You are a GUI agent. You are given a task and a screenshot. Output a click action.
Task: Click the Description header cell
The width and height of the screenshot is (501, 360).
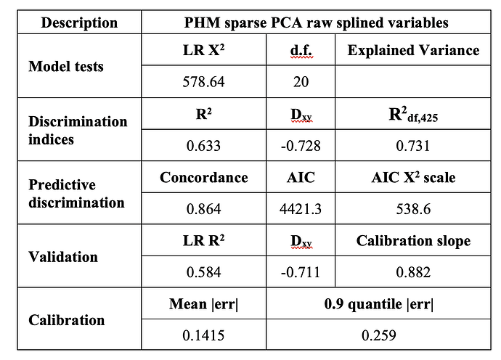79,22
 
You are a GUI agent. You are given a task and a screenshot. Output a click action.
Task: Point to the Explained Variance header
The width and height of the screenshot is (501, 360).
413,51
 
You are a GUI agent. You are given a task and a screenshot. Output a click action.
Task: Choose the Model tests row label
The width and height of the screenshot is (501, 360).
66,67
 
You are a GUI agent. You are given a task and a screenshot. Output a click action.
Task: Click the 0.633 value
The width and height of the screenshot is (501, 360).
204,146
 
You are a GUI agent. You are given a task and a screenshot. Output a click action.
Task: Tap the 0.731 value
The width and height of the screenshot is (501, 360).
413,146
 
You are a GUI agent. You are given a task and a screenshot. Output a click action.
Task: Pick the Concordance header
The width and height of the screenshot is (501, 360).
204,178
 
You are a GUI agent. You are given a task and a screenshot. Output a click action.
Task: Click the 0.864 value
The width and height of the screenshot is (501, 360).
204,210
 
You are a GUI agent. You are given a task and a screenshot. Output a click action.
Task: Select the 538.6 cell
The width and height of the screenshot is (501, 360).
413,210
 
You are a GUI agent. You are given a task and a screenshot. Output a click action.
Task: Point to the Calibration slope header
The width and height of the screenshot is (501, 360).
413,242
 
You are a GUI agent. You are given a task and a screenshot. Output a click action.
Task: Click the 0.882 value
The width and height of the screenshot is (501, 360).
413,273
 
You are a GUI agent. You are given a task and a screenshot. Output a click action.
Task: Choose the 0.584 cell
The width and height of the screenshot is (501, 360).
204,273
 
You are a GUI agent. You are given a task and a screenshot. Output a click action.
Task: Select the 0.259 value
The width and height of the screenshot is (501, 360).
380,337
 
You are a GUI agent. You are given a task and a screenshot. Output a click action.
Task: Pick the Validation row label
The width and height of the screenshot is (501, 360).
63,257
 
